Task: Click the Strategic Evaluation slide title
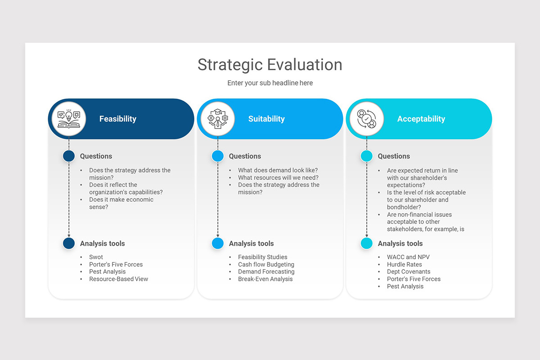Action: click(270, 64)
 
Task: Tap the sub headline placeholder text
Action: click(270, 83)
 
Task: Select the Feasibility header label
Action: click(117, 119)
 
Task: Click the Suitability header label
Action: click(266, 119)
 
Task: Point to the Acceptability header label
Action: click(421, 119)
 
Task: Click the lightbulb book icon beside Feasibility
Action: click(68, 119)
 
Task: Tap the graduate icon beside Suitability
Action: click(218, 119)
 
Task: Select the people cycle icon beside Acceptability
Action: click(367, 119)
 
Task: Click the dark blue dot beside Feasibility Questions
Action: click(69, 156)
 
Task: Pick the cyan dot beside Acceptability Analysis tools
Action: click(367, 243)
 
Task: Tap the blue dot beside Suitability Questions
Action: click(218, 156)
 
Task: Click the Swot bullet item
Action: click(96, 257)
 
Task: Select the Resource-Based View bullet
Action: click(118, 279)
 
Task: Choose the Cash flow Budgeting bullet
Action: click(266, 265)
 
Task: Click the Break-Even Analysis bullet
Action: click(265, 279)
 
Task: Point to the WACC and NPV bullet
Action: click(408, 257)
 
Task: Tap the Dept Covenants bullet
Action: click(408, 272)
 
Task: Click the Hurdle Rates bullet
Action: click(404, 265)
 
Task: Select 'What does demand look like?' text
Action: click(278, 170)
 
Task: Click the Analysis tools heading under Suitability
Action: click(251, 243)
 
